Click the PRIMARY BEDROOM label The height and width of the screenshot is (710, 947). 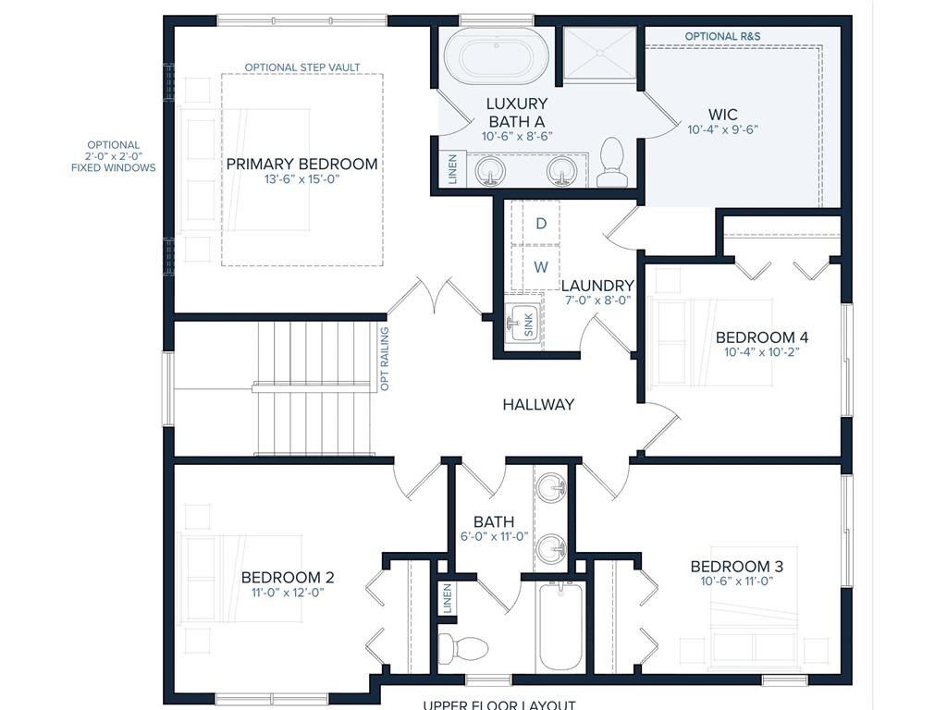[x=302, y=164]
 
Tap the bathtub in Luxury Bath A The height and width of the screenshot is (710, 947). [x=497, y=57]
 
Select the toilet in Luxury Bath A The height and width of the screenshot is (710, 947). [x=612, y=162]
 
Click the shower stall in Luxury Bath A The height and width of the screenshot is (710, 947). [x=599, y=53]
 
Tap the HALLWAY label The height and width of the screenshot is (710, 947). [x=538, y=404]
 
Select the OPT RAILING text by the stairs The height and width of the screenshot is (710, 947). [x=384, y=359]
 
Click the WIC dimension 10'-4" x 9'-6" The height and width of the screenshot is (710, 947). [x=722, y=129]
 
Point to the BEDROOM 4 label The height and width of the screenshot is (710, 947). [x=762, y=337]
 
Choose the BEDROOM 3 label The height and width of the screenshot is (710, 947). [x=737, y=567]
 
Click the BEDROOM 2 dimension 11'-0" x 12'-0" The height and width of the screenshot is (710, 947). [x=288, y=593]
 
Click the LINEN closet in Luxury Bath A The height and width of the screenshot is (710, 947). [x=452, y=169]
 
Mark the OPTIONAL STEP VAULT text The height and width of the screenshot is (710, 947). [x=302, y=67]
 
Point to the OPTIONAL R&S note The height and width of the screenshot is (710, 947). [x=722, y=36]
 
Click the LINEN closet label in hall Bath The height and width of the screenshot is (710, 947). [x=448, y=598]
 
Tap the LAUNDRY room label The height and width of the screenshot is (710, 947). [x=598, y=285]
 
